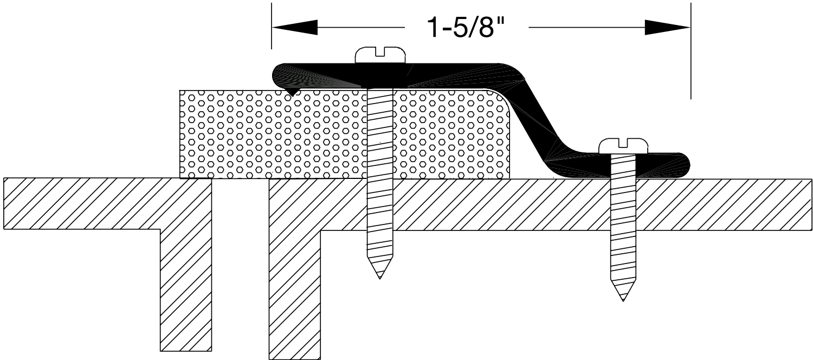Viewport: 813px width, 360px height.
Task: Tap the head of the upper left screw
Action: [x=380, y=55]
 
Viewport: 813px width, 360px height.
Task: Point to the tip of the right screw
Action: [x=623, y=299]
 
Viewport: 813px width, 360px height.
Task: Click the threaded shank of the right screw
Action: [x=623, y=228]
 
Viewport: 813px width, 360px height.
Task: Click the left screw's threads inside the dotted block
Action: [x=379, y=136]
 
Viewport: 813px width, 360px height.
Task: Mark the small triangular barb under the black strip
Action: [x=293, y=93]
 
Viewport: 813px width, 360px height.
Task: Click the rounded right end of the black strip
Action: [x=686, y=165]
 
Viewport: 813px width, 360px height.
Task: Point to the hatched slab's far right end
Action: [x=802, y=203]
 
